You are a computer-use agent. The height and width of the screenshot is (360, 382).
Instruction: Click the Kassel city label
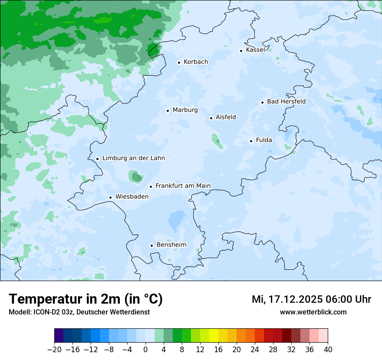[x=255, y=50]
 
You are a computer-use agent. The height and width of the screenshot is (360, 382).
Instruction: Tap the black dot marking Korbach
[x=179, y=62]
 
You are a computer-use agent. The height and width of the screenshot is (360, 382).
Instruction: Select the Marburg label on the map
[x=185, y=110]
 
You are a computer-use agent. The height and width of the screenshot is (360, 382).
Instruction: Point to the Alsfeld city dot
[x=211, y=118]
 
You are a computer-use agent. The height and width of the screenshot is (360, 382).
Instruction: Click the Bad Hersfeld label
[x=286, y=102]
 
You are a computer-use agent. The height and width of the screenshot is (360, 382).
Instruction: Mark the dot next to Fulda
[x=251, y=141]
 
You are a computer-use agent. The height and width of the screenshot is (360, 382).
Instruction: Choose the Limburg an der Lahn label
[x=133, y=158]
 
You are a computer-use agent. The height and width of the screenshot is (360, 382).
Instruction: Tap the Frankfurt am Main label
[x=183, y=186]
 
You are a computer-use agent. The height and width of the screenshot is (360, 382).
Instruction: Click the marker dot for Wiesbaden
[x=110, y=197]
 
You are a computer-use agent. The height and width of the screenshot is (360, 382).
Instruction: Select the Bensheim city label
[x=171, y=245]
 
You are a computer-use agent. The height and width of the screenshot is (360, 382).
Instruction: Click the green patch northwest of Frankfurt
[x=136, y=176]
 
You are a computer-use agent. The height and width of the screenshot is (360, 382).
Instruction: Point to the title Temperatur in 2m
[x=86, y=299]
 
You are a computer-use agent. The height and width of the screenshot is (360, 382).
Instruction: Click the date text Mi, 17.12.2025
[x=286, y=299]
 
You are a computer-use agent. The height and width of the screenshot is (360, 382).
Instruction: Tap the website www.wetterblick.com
[x=313, y=312]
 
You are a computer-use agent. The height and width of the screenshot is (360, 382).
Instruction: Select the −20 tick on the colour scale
[x=54, y=350]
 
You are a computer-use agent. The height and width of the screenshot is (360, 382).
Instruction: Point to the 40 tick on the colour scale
[x=328, y=350]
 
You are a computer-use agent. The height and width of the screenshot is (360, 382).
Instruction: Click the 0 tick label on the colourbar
[x=145, y=350]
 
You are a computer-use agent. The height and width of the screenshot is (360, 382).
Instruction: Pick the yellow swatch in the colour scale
[x=214, y=336]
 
